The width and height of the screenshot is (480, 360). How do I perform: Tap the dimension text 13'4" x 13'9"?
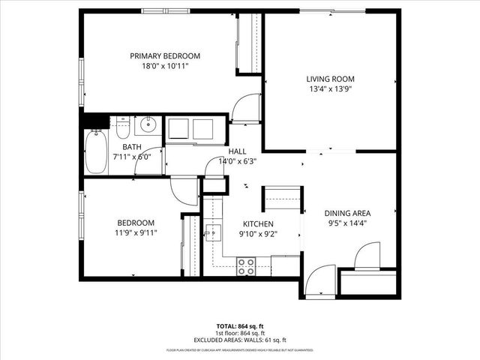point(329,88)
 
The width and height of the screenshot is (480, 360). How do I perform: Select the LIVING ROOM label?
point(329,79)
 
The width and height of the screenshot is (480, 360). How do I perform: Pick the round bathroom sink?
point(149,124)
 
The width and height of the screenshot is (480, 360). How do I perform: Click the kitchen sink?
point(212,233)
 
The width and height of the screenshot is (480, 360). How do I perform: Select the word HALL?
point(237,151)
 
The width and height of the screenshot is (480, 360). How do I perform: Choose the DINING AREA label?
point(347,213)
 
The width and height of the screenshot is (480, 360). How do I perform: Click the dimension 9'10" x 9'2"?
point(257,234)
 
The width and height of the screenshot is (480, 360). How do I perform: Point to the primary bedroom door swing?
point(244,111)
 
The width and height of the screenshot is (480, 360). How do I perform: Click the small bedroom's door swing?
point(184,192)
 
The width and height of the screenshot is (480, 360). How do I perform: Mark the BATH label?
point(131,148)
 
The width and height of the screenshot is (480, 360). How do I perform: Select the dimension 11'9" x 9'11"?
point(135,232)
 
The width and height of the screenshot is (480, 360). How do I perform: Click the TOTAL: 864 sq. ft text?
point(240,326)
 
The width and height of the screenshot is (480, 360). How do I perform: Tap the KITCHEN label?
point(257,224)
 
